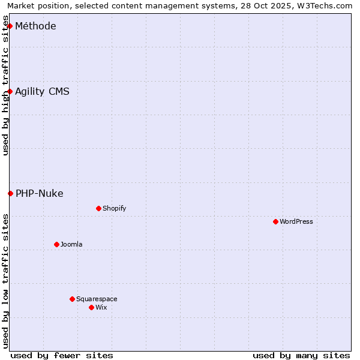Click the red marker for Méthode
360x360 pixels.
click(10, 26)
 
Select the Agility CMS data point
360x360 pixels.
click(10, 91)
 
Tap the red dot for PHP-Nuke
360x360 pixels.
click(10, 193)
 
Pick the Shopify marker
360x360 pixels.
click(98, 208)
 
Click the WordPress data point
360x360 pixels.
click(275, 221)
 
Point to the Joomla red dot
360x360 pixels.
click(56, 244)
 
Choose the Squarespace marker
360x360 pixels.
click(72, 299)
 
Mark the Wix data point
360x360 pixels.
click(91, 307)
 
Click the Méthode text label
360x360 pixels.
click(35, 26)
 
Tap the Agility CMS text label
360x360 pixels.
click(42, 91)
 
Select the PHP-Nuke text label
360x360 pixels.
click(39, 193)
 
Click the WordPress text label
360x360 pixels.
click(296, 221)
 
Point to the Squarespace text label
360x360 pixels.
click(97, 299)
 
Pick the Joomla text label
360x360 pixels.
click(71, 244)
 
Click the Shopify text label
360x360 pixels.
click(114, 208)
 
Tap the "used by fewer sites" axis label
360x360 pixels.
click(62, 355)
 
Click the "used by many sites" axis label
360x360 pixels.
click(301, 355)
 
